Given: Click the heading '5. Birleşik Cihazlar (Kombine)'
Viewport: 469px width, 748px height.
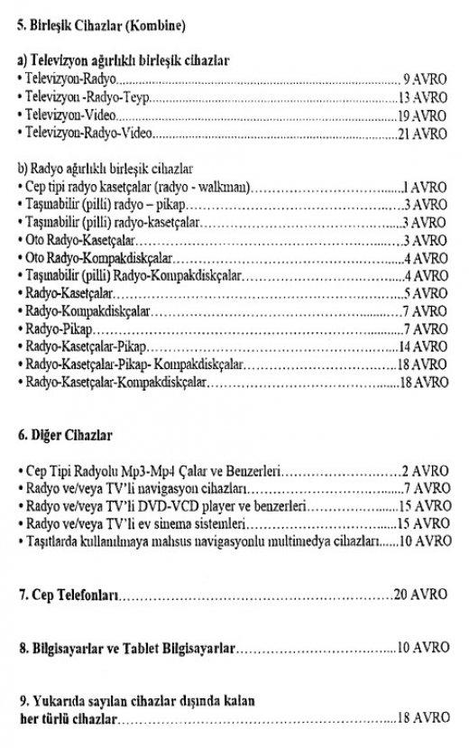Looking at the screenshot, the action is [x=103, y=23].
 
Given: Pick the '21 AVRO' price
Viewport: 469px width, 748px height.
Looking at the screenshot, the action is [x=422, y=136].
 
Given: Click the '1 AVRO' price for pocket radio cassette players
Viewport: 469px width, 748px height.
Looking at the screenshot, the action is [x=426, y=187].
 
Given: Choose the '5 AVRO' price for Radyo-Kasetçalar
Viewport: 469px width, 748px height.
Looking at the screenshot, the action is [x=426, y=294].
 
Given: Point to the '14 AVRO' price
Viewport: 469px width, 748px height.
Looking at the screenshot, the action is [x=422, y=347].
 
